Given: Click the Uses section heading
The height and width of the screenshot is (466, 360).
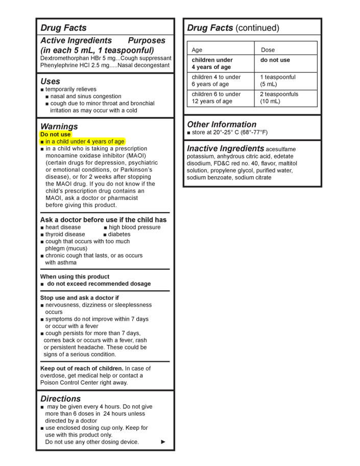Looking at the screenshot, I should pyautogui.click(x=50, y=81).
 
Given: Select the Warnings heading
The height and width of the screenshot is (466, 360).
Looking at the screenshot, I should pyautogui.click(x=59, y=126).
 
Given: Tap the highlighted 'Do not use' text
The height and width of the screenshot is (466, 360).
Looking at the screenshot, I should pyautogui.click(x=56, y=134).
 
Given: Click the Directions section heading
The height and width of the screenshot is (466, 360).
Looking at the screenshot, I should pyautogui.click(x=60, y=398).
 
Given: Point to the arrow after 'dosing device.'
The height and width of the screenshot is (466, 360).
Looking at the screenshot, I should pyautogui.click(x=163, y=442).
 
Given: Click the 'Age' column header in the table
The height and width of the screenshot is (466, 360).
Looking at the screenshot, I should pyautogui.click(x=197, y=50).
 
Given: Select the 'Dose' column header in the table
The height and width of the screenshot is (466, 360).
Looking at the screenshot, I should pyautogui.click(x=268, y=50).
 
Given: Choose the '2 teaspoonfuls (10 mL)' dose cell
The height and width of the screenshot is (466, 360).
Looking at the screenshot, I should pyautogui.click(x=279, y=98).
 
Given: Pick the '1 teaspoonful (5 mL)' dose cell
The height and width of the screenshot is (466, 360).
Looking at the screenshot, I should pyautogui.click(x=278, y=81).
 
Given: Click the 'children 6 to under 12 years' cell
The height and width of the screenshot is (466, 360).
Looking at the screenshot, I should pyautogui.click(x=216, y=98).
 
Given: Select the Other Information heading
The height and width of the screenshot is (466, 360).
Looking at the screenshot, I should pyautogui.click(x=222, y=124).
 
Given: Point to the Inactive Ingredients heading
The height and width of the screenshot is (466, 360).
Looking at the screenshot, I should pyautogui.click(x=225, y=148).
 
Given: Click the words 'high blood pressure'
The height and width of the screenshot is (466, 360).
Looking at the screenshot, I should pyautogui.click(x=134, y=227).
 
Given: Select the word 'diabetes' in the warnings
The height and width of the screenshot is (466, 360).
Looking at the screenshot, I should pyautogui.click(x=119, y=235).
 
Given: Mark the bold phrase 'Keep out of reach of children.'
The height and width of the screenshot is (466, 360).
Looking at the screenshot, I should pyautogui.click(x=82, y=368).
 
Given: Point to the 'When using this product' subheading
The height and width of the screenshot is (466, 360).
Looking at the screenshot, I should pyautogui.click(x=75, y=276).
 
